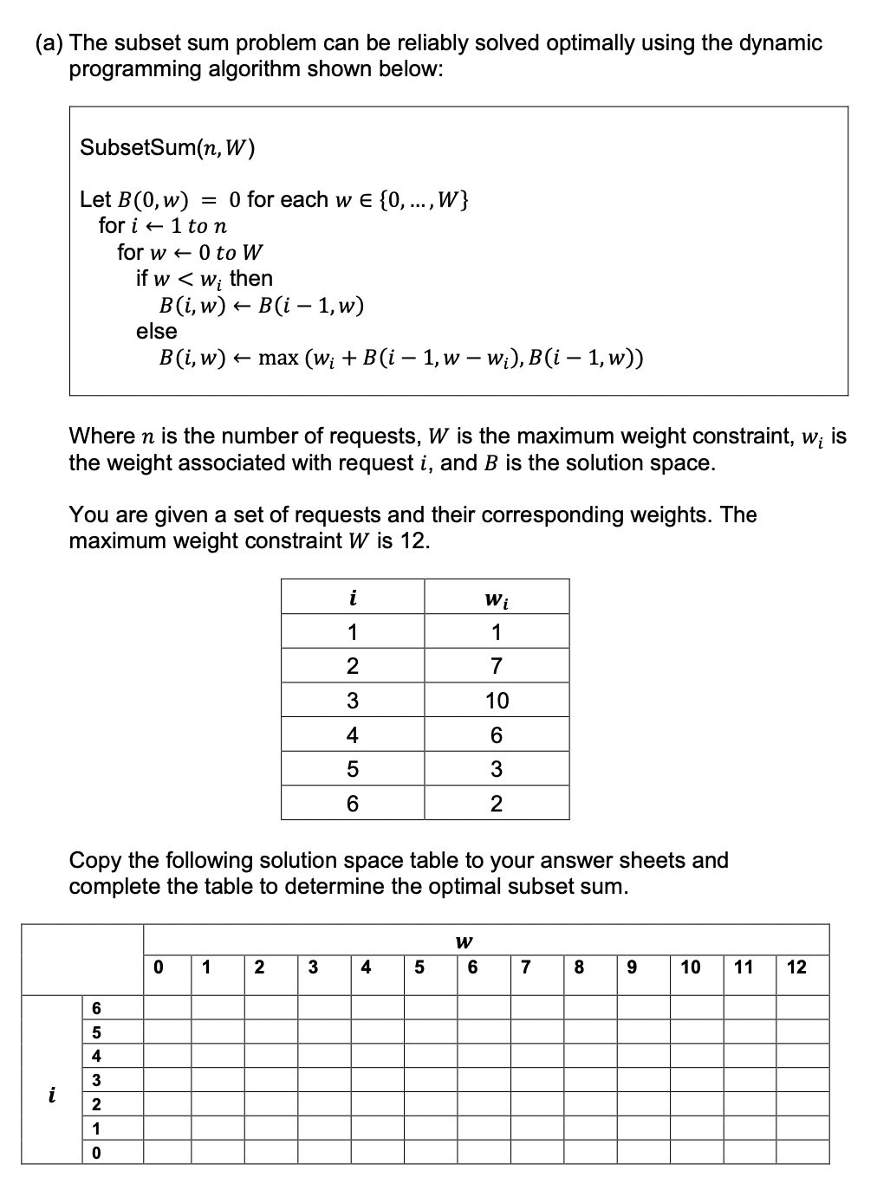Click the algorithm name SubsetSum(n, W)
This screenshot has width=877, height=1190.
point(167,148)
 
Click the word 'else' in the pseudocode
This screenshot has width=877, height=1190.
point(156,331)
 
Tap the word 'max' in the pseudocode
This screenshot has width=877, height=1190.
point(277,359)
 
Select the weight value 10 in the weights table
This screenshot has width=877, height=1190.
point(497,701)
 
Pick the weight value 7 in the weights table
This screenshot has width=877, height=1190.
point(497,666)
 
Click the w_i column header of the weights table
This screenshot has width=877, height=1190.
point(497,598)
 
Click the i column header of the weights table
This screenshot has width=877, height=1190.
point(352,598)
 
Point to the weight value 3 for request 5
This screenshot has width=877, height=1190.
point(497,769)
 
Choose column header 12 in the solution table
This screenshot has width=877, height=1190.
point(796,967)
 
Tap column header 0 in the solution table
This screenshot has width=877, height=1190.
point(157,967)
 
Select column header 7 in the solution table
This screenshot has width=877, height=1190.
point(525,967)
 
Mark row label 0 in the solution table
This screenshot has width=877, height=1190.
point(96,1153)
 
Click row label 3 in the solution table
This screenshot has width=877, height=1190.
point(96,1080)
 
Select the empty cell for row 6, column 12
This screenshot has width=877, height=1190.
point(802,1007)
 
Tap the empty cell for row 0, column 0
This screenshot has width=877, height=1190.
point(167,1153)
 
